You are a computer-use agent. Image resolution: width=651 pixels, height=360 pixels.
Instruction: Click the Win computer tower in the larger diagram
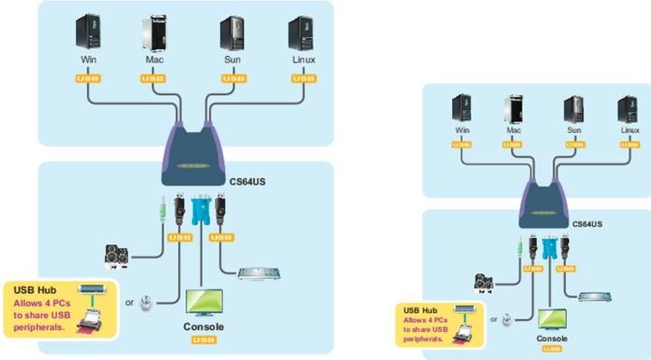tap(89, 33)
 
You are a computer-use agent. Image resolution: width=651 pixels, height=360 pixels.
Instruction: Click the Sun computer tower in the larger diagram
tap(232, 33)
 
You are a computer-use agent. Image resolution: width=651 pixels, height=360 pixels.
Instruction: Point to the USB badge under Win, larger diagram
tap(89, 79)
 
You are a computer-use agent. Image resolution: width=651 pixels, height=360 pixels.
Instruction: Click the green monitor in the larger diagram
tap(203, 302)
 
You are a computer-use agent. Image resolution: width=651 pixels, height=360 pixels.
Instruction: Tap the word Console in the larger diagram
tap(203, 327)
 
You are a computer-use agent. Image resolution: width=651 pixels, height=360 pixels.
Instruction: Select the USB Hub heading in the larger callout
tap(34, 289)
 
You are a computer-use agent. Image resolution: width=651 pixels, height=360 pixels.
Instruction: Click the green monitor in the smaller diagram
tap(552, 317)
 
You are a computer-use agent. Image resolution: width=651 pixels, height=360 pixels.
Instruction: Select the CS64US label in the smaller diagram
tap(588, 222)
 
